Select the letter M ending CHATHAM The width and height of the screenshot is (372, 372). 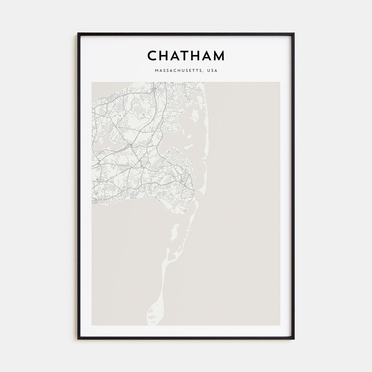(x=218, y=55)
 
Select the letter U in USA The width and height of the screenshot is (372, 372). (x=208, y=71)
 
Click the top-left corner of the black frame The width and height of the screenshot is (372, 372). (x=78, y=34)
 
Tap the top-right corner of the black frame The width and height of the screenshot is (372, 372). (x=294, y=34)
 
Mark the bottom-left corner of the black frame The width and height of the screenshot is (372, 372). (x=78, y=339)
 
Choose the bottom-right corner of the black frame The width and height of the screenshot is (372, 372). (x=294, y=339)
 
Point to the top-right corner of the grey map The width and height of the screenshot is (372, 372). (x=280, y=82)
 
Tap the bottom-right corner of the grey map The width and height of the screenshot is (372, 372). (x=280, y=325)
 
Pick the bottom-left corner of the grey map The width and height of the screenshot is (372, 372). (x=92, y=325)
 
